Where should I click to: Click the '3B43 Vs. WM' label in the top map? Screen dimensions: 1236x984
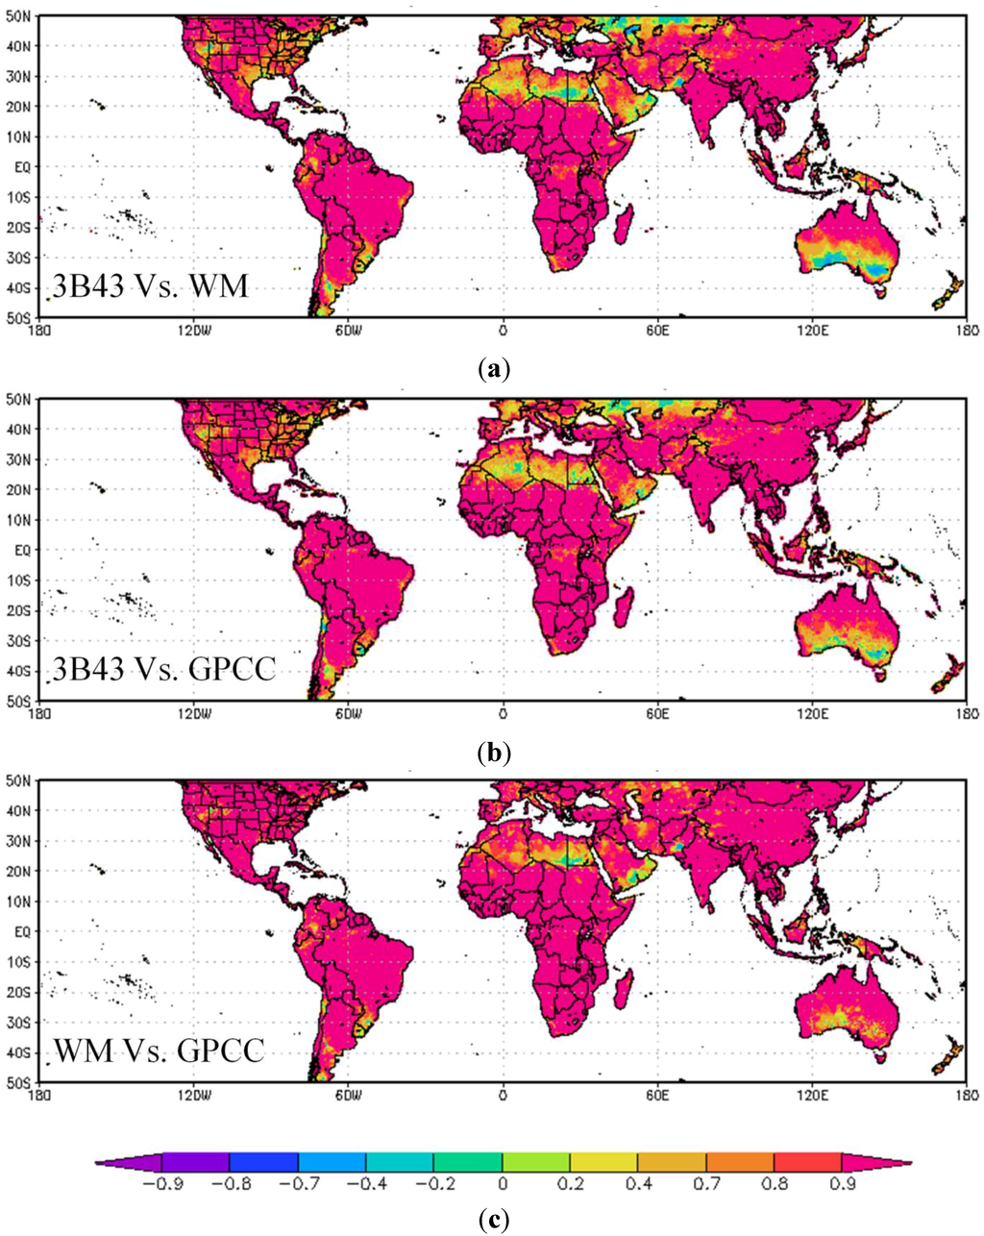(x=149, y=286)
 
